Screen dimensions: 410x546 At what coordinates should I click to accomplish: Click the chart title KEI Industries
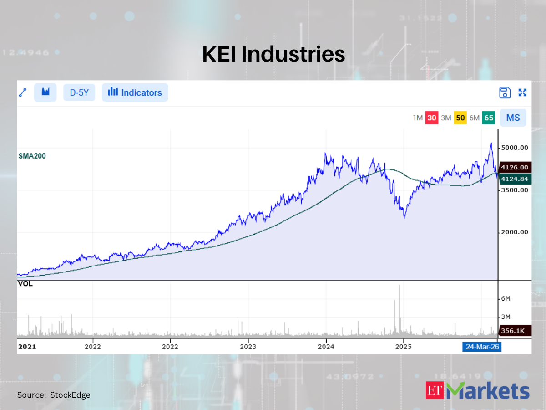point(273,54)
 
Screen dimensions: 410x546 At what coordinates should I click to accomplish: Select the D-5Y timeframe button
point(79,92)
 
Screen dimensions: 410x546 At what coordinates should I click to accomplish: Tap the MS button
point(513,118)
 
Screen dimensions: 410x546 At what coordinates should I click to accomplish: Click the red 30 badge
point(432,118)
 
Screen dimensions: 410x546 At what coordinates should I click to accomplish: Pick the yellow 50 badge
point(460,118)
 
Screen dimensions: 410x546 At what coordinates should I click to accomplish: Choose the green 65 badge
point(489,118)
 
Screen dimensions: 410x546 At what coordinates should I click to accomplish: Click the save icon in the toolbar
point(505,92)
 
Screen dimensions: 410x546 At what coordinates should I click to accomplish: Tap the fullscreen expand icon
point(523,92)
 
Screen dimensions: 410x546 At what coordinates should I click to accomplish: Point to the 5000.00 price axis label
point(515,148)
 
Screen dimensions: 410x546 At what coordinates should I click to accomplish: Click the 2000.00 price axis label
point(515,232)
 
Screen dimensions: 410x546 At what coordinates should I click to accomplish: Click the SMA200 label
point(32,156)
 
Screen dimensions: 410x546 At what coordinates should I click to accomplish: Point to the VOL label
point(25,284)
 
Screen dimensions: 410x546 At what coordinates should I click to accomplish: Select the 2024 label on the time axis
point(326,347)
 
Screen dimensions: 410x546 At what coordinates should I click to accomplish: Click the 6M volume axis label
point(506,298)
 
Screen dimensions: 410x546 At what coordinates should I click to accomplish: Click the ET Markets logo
point(478,391)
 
